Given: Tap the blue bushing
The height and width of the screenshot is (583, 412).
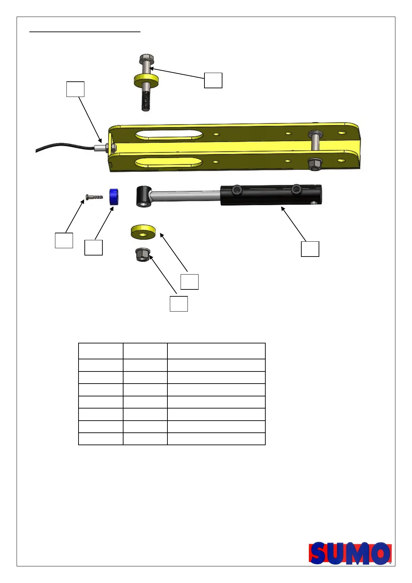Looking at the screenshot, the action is pos(113,197).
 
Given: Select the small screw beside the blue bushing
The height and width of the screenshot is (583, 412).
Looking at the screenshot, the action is pos(94,197).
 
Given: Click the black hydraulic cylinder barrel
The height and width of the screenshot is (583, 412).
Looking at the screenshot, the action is pos(271,195).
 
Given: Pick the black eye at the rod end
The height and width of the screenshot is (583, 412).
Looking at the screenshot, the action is pos(144,197).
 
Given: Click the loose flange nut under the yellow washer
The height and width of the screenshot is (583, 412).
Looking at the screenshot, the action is pos(143,254).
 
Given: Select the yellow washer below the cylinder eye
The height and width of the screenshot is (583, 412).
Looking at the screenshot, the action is pos(143,232).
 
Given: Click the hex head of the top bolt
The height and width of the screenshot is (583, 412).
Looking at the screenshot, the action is pos(147,59).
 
